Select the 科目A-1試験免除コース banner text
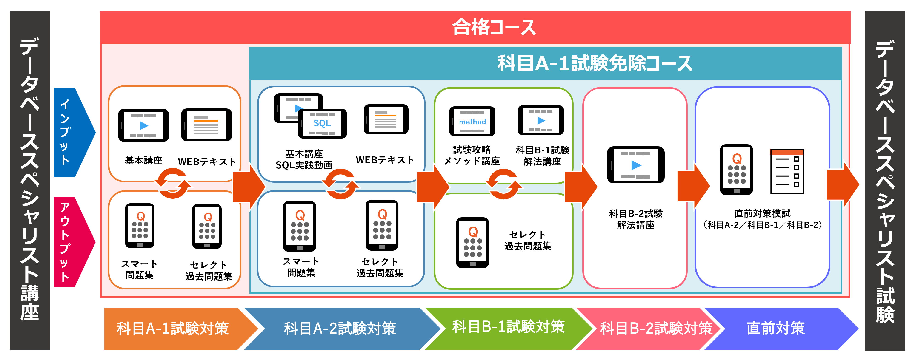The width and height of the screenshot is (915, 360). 595,64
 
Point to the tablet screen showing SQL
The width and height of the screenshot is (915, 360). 322,123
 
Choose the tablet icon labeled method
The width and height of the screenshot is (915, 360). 472,122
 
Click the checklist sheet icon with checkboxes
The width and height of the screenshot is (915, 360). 787,171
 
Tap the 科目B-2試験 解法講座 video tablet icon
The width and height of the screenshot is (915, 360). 635,165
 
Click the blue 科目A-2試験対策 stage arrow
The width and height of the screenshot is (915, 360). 340,328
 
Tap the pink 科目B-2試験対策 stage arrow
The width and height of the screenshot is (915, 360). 655,328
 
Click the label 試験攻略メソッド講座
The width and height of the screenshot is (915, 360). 472,156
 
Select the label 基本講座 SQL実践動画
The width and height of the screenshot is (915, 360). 304,159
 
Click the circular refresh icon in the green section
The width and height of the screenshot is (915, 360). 504,184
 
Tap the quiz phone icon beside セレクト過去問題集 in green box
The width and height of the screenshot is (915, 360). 472,242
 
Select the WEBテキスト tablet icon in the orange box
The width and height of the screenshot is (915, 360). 206,125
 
